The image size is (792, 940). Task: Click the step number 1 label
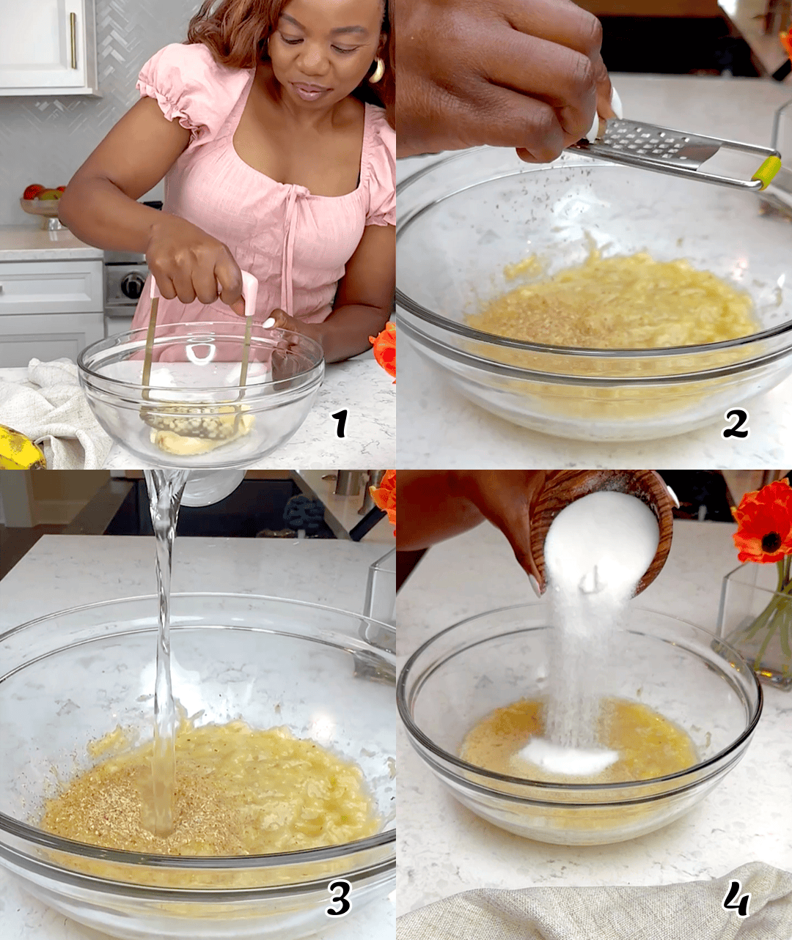(340, 423)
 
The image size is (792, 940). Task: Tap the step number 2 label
(735, 423)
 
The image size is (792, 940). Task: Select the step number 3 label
(338, 898)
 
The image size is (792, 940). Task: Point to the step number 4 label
(735, 898)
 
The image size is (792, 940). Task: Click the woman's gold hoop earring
(377, 70)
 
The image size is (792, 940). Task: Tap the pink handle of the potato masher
(250, 292)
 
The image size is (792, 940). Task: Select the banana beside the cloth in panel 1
(19, 448)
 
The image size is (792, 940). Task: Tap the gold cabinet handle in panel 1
(73, 40)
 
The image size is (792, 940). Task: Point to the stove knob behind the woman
(133, 285)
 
